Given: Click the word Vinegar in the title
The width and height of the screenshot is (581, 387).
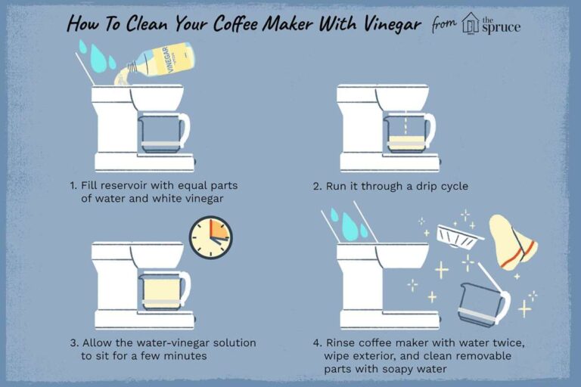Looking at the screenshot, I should tap(383, 25).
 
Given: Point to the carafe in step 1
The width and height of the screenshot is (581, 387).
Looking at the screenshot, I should tap(160, 132).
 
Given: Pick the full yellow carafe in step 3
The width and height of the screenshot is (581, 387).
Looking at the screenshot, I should tap(160, 290).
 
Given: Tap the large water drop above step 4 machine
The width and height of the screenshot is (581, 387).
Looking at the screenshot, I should tap(350, 224).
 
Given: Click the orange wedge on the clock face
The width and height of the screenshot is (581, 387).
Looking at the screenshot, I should tap(217, 231).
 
